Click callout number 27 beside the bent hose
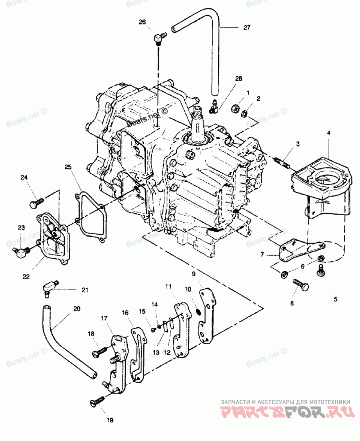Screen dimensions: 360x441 coord(247,27)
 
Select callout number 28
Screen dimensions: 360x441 coord(238,78)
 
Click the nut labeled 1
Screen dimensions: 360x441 coord(236,108)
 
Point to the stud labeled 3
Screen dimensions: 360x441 coord(282,163)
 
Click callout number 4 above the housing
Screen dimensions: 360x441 coord(328,132)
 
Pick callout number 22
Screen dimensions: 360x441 coord(26,276)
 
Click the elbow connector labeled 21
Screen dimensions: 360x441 coord(50,287)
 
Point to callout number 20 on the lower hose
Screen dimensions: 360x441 coord(76,309)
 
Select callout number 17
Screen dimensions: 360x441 coord(104,318)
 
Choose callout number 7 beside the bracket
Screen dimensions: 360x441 coord(262,254)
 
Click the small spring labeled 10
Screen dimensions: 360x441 coord(198,312)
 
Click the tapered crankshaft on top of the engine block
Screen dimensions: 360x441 coord(197,123)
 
